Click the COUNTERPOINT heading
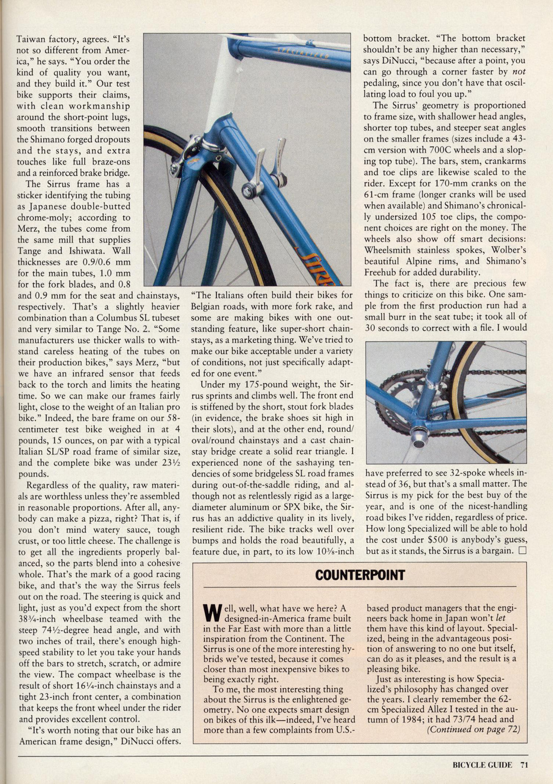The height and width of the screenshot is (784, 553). pyautogui.click(x=360, y=575)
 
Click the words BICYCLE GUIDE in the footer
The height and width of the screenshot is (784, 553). pyautogui.click(x=475, y=764)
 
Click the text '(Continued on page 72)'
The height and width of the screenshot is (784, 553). pyautogui.click(x=474, y=729)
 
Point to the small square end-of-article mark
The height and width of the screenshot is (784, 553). pyautogui.click(x=522, y=550)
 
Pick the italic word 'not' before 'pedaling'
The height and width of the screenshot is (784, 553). pyautogui.click(x=518, y=72)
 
